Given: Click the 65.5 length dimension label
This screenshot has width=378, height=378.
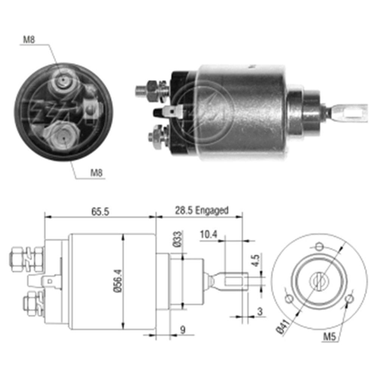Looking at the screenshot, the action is click(x=100, y=212).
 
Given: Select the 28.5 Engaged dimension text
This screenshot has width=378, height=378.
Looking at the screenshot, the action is click(x=201, y=211).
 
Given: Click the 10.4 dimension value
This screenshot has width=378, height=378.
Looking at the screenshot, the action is click(x=209, y=235).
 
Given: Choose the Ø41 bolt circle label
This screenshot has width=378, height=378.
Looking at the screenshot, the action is click(x=282, y=327).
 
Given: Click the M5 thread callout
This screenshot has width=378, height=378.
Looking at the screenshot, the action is click(x=329, y=336).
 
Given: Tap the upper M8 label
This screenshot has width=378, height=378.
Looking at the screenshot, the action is click(x=29, y=40).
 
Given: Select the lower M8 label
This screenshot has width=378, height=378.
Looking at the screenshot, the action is click(x=96, y=173).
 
